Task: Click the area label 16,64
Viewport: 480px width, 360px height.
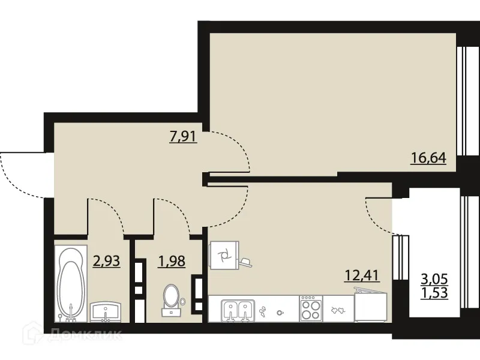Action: [428, 159]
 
